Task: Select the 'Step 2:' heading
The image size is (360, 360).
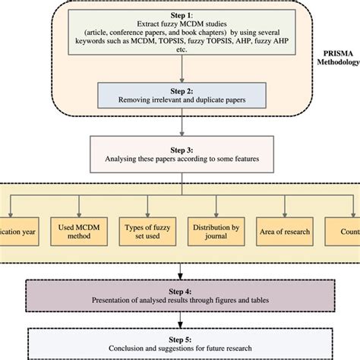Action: tap(181, 88)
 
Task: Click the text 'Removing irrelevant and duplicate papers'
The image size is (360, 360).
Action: tap(181, 99)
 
